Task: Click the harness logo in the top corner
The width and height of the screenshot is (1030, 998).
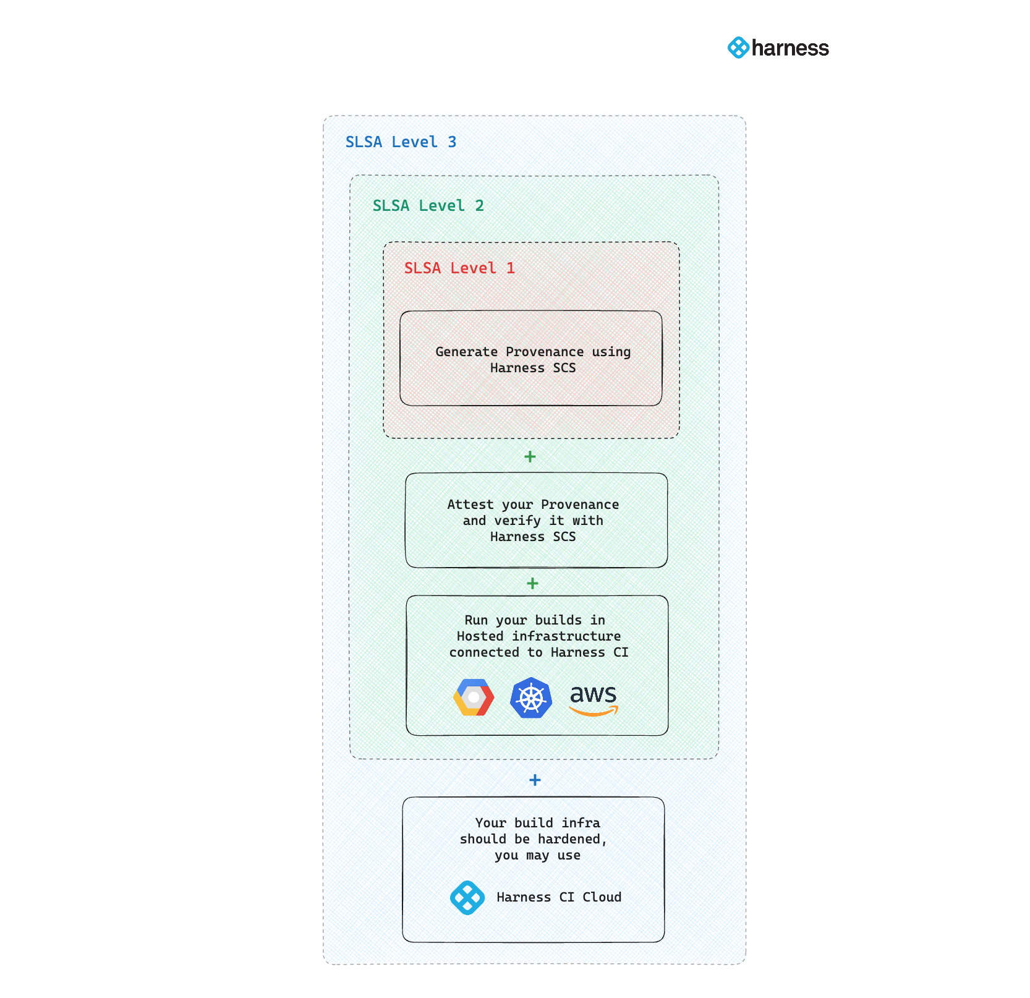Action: coord(778,48)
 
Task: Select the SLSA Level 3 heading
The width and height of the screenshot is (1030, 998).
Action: coord(401,142)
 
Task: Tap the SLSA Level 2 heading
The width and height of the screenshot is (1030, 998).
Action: coord(428,206)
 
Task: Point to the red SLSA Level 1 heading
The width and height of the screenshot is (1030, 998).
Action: coord(459,268)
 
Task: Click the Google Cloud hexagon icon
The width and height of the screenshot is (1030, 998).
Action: coord(474,697)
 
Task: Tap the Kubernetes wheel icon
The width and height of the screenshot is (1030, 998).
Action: coord(531,698)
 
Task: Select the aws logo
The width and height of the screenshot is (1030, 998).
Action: coord(593,699)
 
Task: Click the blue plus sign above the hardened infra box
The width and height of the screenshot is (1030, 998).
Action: coord(535,780)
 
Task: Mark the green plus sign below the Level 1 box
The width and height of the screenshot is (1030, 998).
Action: coord(530,457)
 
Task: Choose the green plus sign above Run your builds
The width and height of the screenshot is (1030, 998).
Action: coord(532,584)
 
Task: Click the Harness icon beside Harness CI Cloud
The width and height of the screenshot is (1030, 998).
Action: coord(467,898)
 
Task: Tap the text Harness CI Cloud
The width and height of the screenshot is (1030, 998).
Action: coord(559,898)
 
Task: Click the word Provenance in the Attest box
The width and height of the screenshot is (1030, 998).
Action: coord(579,505)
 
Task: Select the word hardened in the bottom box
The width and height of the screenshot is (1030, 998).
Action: coord(571,840)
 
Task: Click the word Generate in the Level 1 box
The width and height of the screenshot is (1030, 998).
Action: coord(466,352)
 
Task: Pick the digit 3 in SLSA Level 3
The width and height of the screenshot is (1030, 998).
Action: coord(452,142)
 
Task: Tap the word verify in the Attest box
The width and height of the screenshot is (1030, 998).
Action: coord(517,521)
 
